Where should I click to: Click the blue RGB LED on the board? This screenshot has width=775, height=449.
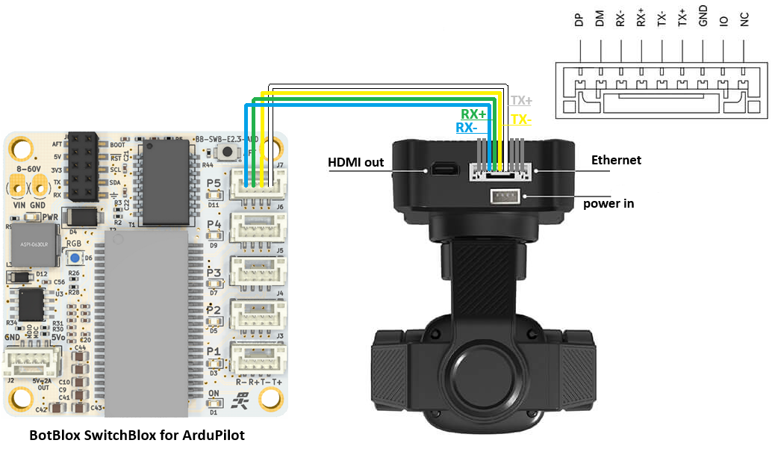[75, 258]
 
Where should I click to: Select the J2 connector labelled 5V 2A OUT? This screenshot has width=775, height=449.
[25, 364]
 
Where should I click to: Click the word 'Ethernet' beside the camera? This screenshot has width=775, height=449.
[616, 160]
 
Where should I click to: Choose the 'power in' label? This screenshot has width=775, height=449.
[609, 202]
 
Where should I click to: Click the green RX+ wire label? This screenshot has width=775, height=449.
[473, 114]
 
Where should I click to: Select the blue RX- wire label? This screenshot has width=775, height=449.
[467, 128]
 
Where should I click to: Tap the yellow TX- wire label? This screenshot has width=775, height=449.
[520, 119]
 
